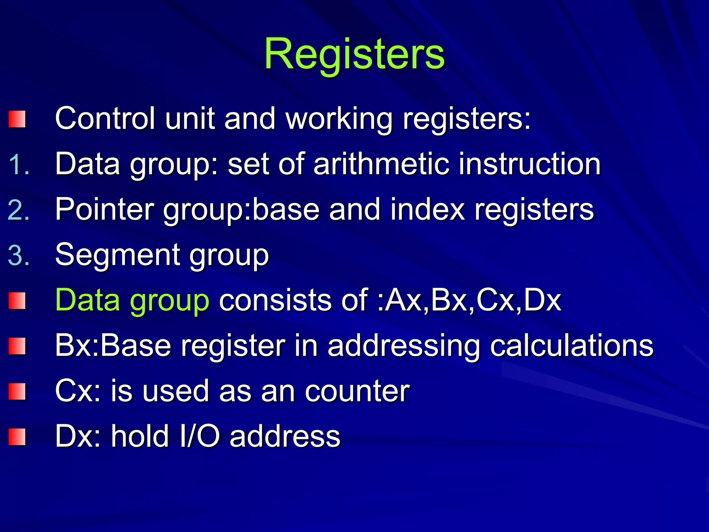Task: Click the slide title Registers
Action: (x=354, y=54)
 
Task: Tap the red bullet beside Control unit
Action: (x=17, y=119)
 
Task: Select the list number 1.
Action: (x=18, y=164)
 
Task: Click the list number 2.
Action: (x=18, y=210)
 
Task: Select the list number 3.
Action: (x=18, y=256)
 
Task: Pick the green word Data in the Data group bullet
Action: (x=88, y=300)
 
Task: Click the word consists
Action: (x=276, y=300)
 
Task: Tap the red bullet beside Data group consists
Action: (x=17, y=301)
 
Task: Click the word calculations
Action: (x=572, y=346)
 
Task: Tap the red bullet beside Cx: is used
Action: (x=17, y=391)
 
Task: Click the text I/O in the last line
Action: (x=199, y=436)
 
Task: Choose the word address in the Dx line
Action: (x=285, y=436)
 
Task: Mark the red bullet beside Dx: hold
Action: (x=17, y=437)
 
